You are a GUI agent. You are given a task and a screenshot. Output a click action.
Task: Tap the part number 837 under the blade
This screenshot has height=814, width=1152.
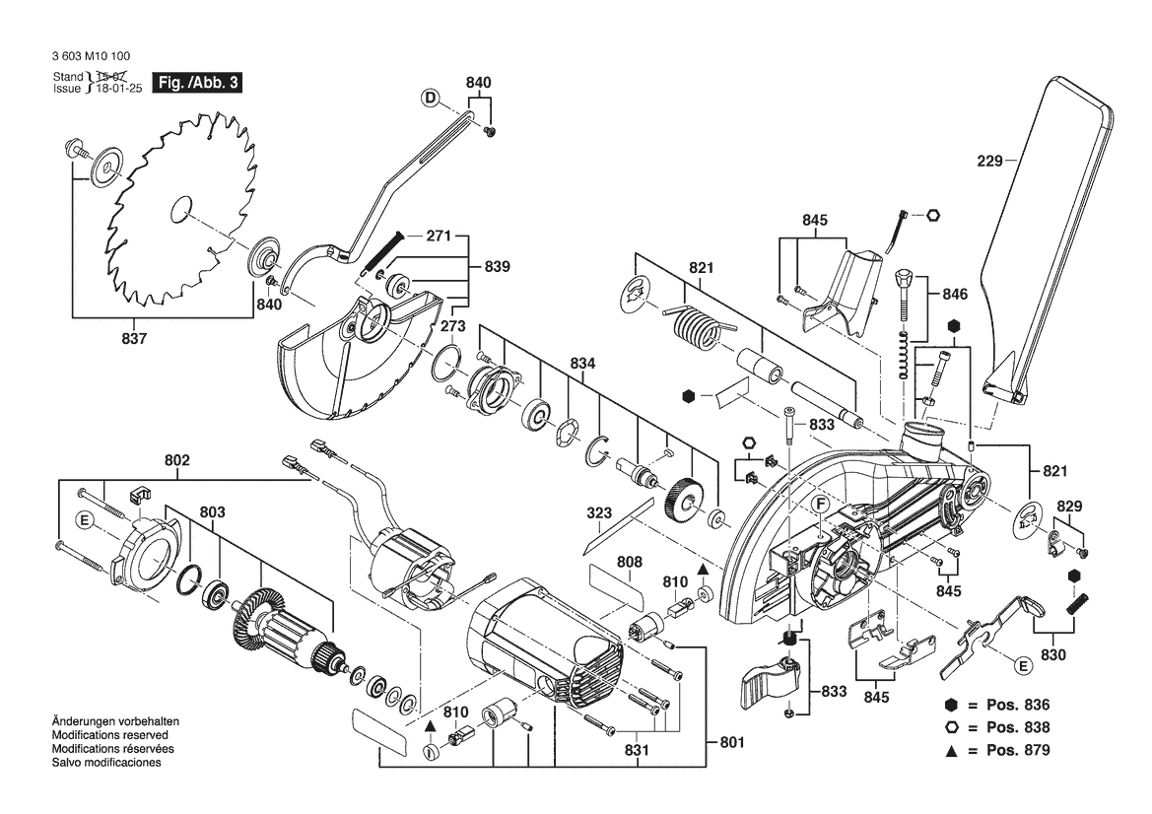point(135,339)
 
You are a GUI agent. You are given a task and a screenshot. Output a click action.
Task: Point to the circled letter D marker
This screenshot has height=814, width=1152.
point(430,97)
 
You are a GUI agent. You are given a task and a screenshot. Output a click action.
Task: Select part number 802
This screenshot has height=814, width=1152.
point(178,459)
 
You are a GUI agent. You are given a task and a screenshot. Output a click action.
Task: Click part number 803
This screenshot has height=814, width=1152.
point(212,512)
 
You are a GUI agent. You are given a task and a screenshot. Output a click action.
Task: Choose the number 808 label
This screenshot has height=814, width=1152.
point(630,562)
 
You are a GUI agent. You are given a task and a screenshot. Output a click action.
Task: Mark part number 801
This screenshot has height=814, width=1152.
point(732,742)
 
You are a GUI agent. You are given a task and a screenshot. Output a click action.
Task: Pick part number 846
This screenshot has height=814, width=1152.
point(955,294)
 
